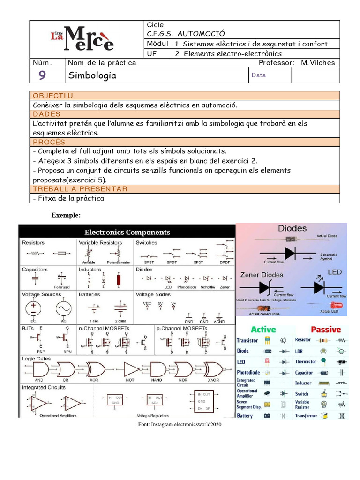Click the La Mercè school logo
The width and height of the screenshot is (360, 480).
[82, 39]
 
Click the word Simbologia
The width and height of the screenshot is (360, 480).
[92, 75]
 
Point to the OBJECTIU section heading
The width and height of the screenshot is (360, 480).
[53, 96]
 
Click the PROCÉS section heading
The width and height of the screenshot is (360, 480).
[49, 142]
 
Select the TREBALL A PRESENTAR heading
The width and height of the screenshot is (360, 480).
[80, 189]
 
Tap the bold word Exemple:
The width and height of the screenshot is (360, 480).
[66, 215]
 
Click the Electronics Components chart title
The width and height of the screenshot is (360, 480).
[127, 232]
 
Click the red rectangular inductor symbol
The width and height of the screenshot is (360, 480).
[119, 280]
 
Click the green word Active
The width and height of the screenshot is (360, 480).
[263, 330]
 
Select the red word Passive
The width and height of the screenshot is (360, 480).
[325, 330]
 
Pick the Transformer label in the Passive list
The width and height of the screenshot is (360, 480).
[306, 416]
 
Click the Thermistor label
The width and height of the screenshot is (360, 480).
[306, 361]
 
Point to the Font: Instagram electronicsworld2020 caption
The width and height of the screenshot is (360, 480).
[180, 424]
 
